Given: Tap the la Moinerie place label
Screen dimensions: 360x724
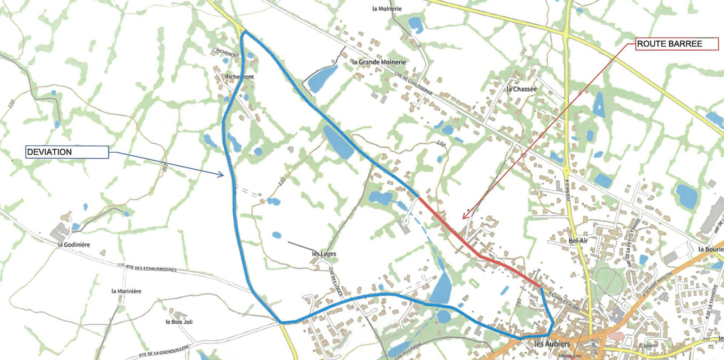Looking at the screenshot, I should tap(387, 8).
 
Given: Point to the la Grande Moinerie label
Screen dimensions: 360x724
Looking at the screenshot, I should tap(379, 62).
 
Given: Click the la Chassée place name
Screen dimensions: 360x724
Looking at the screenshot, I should tap(521, 89).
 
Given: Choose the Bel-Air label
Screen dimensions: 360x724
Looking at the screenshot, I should tap(578, 241).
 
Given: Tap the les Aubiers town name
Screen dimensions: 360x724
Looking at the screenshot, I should tap(552, 343).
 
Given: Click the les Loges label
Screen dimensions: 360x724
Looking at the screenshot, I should tap(324, 254).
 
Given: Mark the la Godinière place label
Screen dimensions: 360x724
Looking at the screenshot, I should tap(74, 245).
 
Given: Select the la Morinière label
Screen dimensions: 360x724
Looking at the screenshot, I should tap(126, 291).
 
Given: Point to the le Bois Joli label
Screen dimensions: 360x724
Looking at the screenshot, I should tap(179, 322).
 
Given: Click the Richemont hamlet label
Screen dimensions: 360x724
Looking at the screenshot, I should tap(239, 77).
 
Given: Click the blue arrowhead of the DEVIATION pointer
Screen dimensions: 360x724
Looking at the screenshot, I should tap(221, 175).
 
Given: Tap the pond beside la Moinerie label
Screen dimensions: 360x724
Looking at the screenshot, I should tap(415, 25).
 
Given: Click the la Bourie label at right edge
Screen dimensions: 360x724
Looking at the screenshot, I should tap(711, 249).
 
